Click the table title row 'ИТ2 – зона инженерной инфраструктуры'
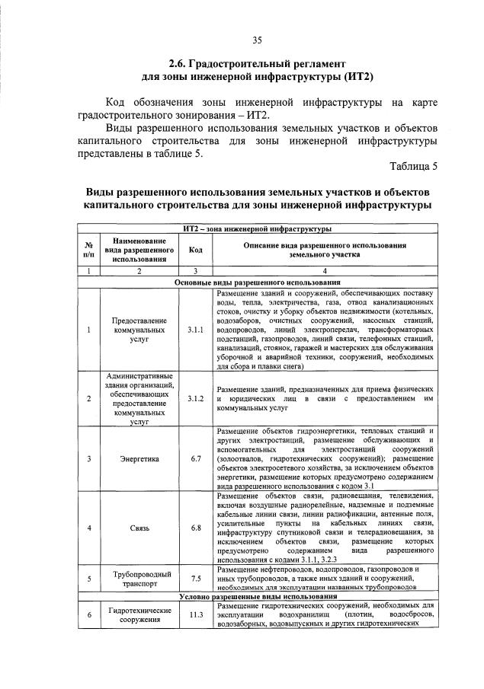[x=257, y=228]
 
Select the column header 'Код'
[x=195, y=249]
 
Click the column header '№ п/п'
[x=88, y=249]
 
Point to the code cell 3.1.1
[x=195, y=330]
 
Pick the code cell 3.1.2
[x=195, y=398]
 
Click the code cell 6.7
[x=195, y=458]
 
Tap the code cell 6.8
[x=195, y=527]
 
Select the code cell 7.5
[x=195, y=578]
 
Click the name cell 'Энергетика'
[x=139, y=458]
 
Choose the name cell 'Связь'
[x=139, y=527]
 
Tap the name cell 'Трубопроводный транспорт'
[x=139, y=578]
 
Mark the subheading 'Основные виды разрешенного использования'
[x=257, y=282]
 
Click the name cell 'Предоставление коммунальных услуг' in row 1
[x=139, y=330]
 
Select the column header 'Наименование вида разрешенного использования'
[x=139, y=249]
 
